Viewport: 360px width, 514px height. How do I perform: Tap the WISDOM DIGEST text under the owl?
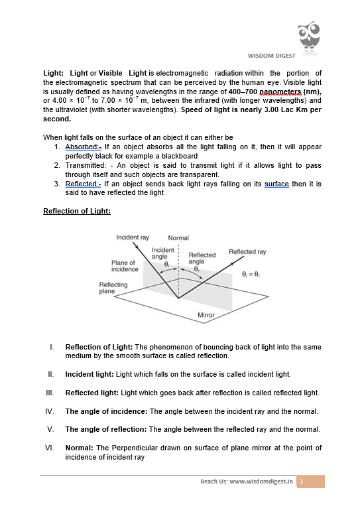pos(272,56)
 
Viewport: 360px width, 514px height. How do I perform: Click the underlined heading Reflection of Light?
pos(77,211)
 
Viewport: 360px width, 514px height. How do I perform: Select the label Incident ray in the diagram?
pos(133,237)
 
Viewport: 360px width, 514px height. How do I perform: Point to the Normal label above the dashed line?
pos(178,238)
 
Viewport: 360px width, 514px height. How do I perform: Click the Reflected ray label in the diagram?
pos(248,252)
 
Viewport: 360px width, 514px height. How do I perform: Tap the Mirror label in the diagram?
pos(206,315)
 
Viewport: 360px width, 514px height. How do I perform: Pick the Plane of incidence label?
pos(125,266)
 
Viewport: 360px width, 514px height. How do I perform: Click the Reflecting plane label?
pos(113,288)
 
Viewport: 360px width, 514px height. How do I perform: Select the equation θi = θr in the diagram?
pos(251,274)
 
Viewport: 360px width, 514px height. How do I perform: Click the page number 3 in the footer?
pos(302,482)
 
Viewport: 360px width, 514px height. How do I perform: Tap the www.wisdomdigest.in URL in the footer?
pos(261,482)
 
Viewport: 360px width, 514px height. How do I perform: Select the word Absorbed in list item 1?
pos(82,147)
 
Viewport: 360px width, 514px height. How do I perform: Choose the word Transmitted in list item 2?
pos(84,166)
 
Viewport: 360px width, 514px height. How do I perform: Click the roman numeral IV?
pos(50,411)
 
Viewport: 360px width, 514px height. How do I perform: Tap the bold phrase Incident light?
pos(90,374)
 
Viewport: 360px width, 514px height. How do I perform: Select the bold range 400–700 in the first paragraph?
pos(243,92)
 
